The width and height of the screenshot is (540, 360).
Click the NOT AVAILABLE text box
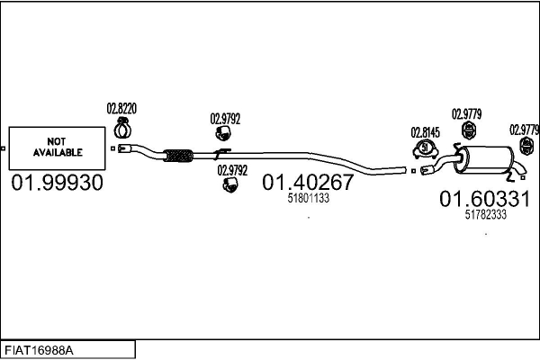click(x=58, y=148)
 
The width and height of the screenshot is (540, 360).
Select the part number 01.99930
click(x=57, y=183)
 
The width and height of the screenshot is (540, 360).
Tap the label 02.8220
click(x=121, y=110)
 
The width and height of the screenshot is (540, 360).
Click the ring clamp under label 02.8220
click(x=123, y=126)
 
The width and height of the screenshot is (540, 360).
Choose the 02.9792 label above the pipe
click(x=225, y=117)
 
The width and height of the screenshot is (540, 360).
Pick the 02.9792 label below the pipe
click(x=231, y=167)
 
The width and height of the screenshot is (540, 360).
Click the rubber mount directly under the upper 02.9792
click(x=224, y=134)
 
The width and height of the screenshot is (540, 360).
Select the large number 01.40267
click(x=308, y=183)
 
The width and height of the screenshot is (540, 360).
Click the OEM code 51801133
click(x=308, y=198)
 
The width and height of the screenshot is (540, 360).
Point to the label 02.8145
click(x=425, y=130)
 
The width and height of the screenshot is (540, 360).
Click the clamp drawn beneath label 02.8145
click(x=425, y=149)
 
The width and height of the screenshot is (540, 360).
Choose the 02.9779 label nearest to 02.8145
click(x=467, y=113)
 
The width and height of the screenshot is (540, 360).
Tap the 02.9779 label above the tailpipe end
click(x=524, y=129)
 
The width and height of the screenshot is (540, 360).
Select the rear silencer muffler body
click(x=485, y=160)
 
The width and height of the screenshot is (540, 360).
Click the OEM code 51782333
click(x=485, y=215)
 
